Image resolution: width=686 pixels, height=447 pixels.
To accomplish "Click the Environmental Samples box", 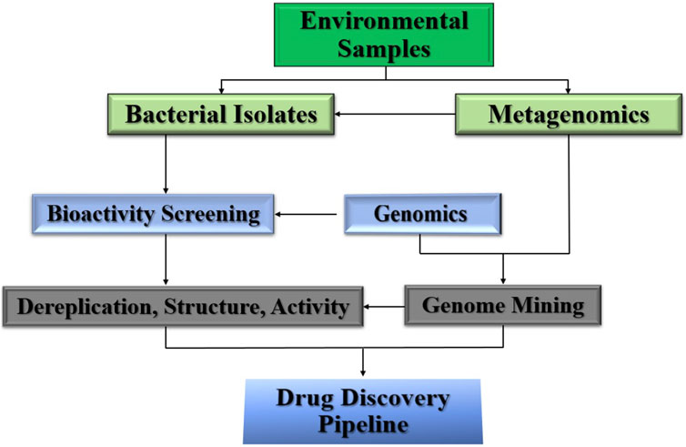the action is (x=384, y=35).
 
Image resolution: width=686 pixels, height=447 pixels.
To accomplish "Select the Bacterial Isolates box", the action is (x=221, y=115).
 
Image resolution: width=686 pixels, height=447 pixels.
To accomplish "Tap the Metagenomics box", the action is (x=569, y=115).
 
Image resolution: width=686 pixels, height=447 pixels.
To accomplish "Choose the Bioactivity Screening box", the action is (x=153, y=214).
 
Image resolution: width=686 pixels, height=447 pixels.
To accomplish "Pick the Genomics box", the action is (x=423, y=214).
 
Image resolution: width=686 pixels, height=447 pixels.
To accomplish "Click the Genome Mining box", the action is (x=503, y=305).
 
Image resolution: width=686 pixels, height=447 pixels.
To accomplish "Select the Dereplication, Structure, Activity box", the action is (x=183, y=307).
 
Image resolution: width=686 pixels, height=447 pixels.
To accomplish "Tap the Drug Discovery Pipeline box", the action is (x=363, y=411).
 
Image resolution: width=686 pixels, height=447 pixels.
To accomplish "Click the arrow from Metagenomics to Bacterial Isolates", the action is (x=395, y=115).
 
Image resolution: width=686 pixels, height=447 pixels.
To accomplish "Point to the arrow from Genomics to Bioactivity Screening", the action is (x=306, y=215).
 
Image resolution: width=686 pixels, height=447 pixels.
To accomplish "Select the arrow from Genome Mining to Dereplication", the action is (x=384, y=307).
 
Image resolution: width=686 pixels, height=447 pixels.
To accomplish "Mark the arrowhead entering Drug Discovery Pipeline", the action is (x=363, y=373).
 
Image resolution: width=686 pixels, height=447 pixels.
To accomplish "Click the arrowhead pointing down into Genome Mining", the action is (x=503, y=280).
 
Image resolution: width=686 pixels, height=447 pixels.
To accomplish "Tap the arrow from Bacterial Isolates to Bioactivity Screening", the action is (x=166, y=164).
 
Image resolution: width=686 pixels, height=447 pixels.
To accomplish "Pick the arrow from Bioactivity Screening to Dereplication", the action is (x=166, y=259).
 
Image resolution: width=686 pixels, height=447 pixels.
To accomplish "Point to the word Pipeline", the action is (x=363, y=424).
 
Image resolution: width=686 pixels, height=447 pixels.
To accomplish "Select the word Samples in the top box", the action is (x=384, y=47).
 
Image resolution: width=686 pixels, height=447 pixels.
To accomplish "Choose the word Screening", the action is (x=210, y=215).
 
